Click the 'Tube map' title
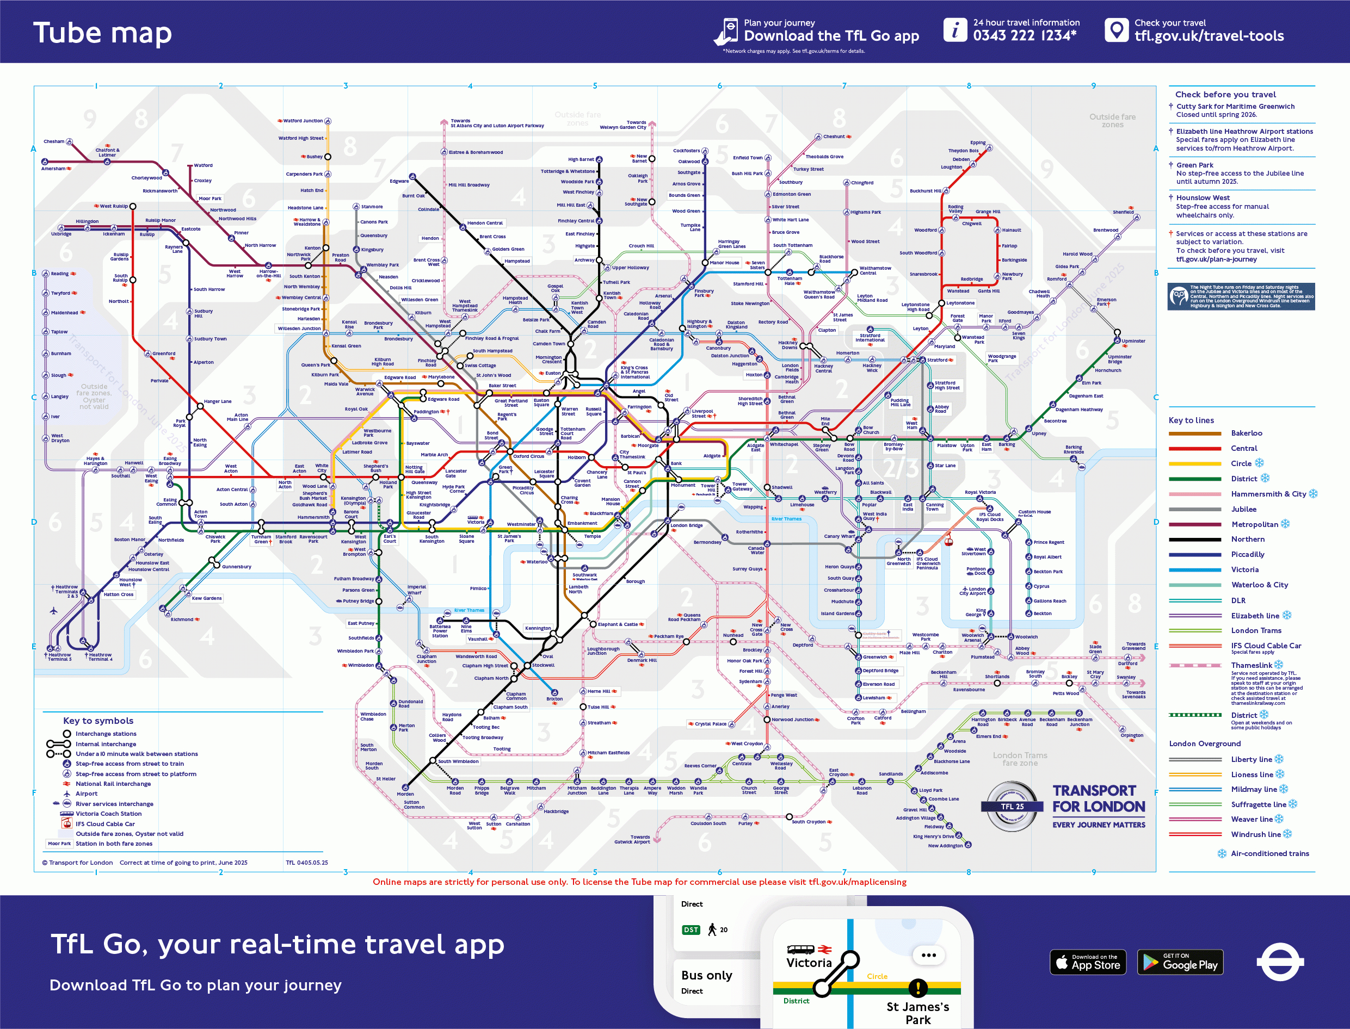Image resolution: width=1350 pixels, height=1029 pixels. click(x=102, y=33)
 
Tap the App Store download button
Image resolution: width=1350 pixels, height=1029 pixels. click(x=1088, y=962)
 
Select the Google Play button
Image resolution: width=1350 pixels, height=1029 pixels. click(x=1180, y=962)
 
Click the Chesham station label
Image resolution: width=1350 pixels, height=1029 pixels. click(x=54, y=141)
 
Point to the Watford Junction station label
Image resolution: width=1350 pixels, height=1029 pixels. click(x=302, y=121)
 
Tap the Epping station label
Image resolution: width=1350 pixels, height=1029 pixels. click(x=977, y=142)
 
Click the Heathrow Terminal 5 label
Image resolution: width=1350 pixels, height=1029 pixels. click(x=59, y=656)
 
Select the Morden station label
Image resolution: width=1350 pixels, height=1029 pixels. click(x=405, y=794)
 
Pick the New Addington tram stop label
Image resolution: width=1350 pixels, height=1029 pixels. click(x=945, y=846)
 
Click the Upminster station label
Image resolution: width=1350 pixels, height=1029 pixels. click(x=1133, y=341)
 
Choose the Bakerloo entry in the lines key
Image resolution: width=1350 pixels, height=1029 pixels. click(x=1247, y=433)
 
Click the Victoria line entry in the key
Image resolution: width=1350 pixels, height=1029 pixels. click(x=1244, y=569)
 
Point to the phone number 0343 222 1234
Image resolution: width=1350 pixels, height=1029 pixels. click(x=1025, y=35)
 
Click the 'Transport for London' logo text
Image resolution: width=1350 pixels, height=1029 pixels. click(x=1098, y=799)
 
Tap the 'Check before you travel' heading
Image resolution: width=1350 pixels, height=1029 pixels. click(x=1225, y=94)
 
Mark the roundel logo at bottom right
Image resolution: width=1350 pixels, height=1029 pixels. click(x=1279, y=962)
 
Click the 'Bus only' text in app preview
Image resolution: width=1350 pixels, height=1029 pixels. click(x=706, y=975)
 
